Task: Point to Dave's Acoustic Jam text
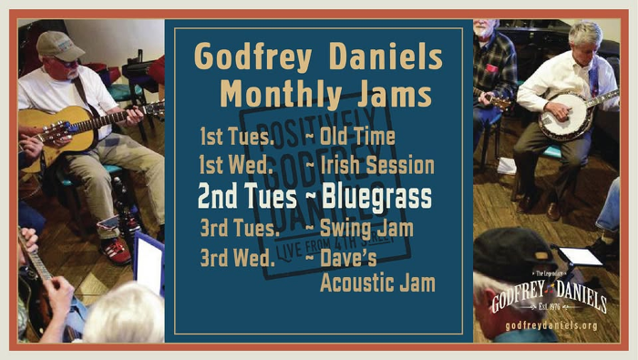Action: (x=376, y=271)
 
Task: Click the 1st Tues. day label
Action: (x=234, y=137)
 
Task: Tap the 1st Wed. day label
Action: (x=235, y=166)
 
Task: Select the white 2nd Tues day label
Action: (x=252, y=198)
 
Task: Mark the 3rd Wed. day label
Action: (x=237, y=258)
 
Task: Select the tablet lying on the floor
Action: (x=580, y=256)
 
